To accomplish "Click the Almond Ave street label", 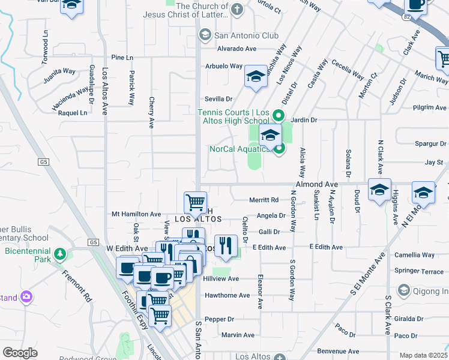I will point(316,185).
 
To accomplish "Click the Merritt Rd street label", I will point(264,200).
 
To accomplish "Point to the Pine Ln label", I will point(122,58).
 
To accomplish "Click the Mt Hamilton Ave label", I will point(137,214).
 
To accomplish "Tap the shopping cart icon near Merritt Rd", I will point(196,202).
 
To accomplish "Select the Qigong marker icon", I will point(403,291).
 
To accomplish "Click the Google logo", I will point(20,353).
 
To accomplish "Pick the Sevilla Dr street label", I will point(218,99).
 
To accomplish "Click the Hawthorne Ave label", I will point(228,295).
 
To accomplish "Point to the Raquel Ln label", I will point(72,113).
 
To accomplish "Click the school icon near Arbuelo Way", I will point(256,76).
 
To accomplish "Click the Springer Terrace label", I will point(420,271).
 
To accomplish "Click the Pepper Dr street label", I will point(219,319).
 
